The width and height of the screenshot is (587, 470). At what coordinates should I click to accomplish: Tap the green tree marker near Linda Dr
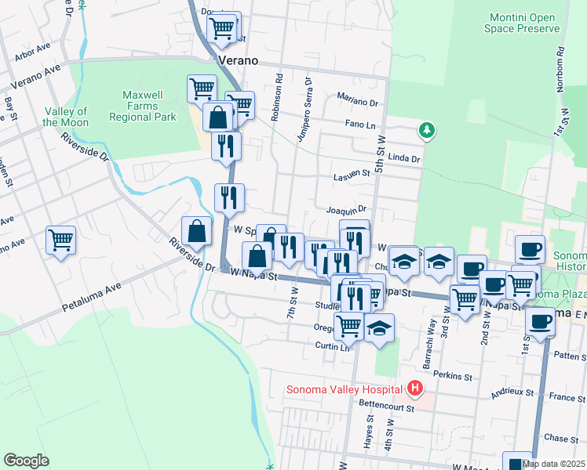427,130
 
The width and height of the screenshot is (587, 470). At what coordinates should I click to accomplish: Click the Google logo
26,461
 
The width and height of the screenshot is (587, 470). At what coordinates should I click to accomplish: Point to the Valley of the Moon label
65,117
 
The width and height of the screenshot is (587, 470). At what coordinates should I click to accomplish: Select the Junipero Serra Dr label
304,110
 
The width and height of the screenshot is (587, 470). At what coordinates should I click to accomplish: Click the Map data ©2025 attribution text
552,464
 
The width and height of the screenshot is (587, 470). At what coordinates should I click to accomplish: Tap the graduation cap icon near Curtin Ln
379,327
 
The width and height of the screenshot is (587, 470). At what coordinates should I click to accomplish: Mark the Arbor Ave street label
32,55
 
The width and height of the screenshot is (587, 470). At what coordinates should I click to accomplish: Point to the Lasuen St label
351,175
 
